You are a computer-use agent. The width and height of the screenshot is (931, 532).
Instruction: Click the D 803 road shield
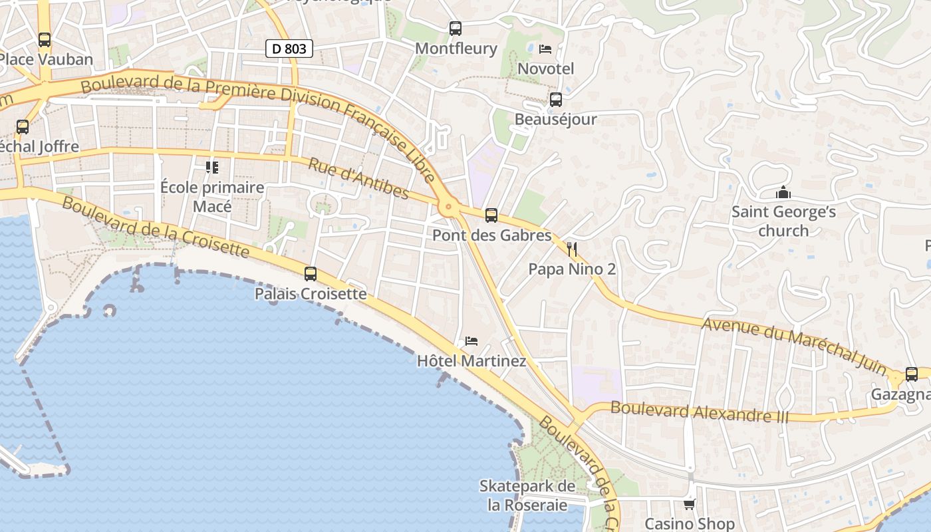(x=289, y=49)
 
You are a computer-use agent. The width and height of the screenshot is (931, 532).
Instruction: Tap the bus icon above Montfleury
(x=456, y=29)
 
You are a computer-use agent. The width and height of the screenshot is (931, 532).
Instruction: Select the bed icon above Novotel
(x=545, y=49)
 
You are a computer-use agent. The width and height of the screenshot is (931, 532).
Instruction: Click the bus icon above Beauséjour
(x=556, y=100)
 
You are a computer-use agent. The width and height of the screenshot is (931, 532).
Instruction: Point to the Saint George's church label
(x=783, y=221)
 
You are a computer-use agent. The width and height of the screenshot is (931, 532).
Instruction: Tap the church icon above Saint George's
(x=783, y=193)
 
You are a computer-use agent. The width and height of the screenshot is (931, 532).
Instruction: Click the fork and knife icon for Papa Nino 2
(x=572, y=249)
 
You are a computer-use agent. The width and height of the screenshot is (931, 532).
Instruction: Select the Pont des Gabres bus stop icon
(x=491, y=215)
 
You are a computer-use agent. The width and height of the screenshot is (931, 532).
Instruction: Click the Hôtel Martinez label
(x=471, y=361)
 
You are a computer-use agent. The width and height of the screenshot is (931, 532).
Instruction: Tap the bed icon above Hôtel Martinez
(x=471, y=341)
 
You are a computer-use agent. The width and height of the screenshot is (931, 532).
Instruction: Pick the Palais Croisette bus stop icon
(x=311, y=273)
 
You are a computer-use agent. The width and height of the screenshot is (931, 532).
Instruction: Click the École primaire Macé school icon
(x=212, y=167)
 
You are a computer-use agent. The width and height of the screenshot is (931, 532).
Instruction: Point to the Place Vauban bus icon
(x=45, y=40)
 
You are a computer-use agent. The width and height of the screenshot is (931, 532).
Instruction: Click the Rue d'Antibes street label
(x=357, y=178)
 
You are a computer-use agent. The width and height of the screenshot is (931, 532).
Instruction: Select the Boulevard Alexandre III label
(x=699, y=412)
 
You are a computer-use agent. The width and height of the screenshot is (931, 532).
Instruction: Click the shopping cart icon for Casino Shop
(x=690, y=504)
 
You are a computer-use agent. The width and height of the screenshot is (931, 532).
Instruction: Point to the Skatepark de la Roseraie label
(x=527, y=495)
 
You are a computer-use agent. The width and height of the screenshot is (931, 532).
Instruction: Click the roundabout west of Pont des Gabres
(x=449, y=207)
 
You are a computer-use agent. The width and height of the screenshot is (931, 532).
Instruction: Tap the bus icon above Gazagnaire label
(x=912, y=374)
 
